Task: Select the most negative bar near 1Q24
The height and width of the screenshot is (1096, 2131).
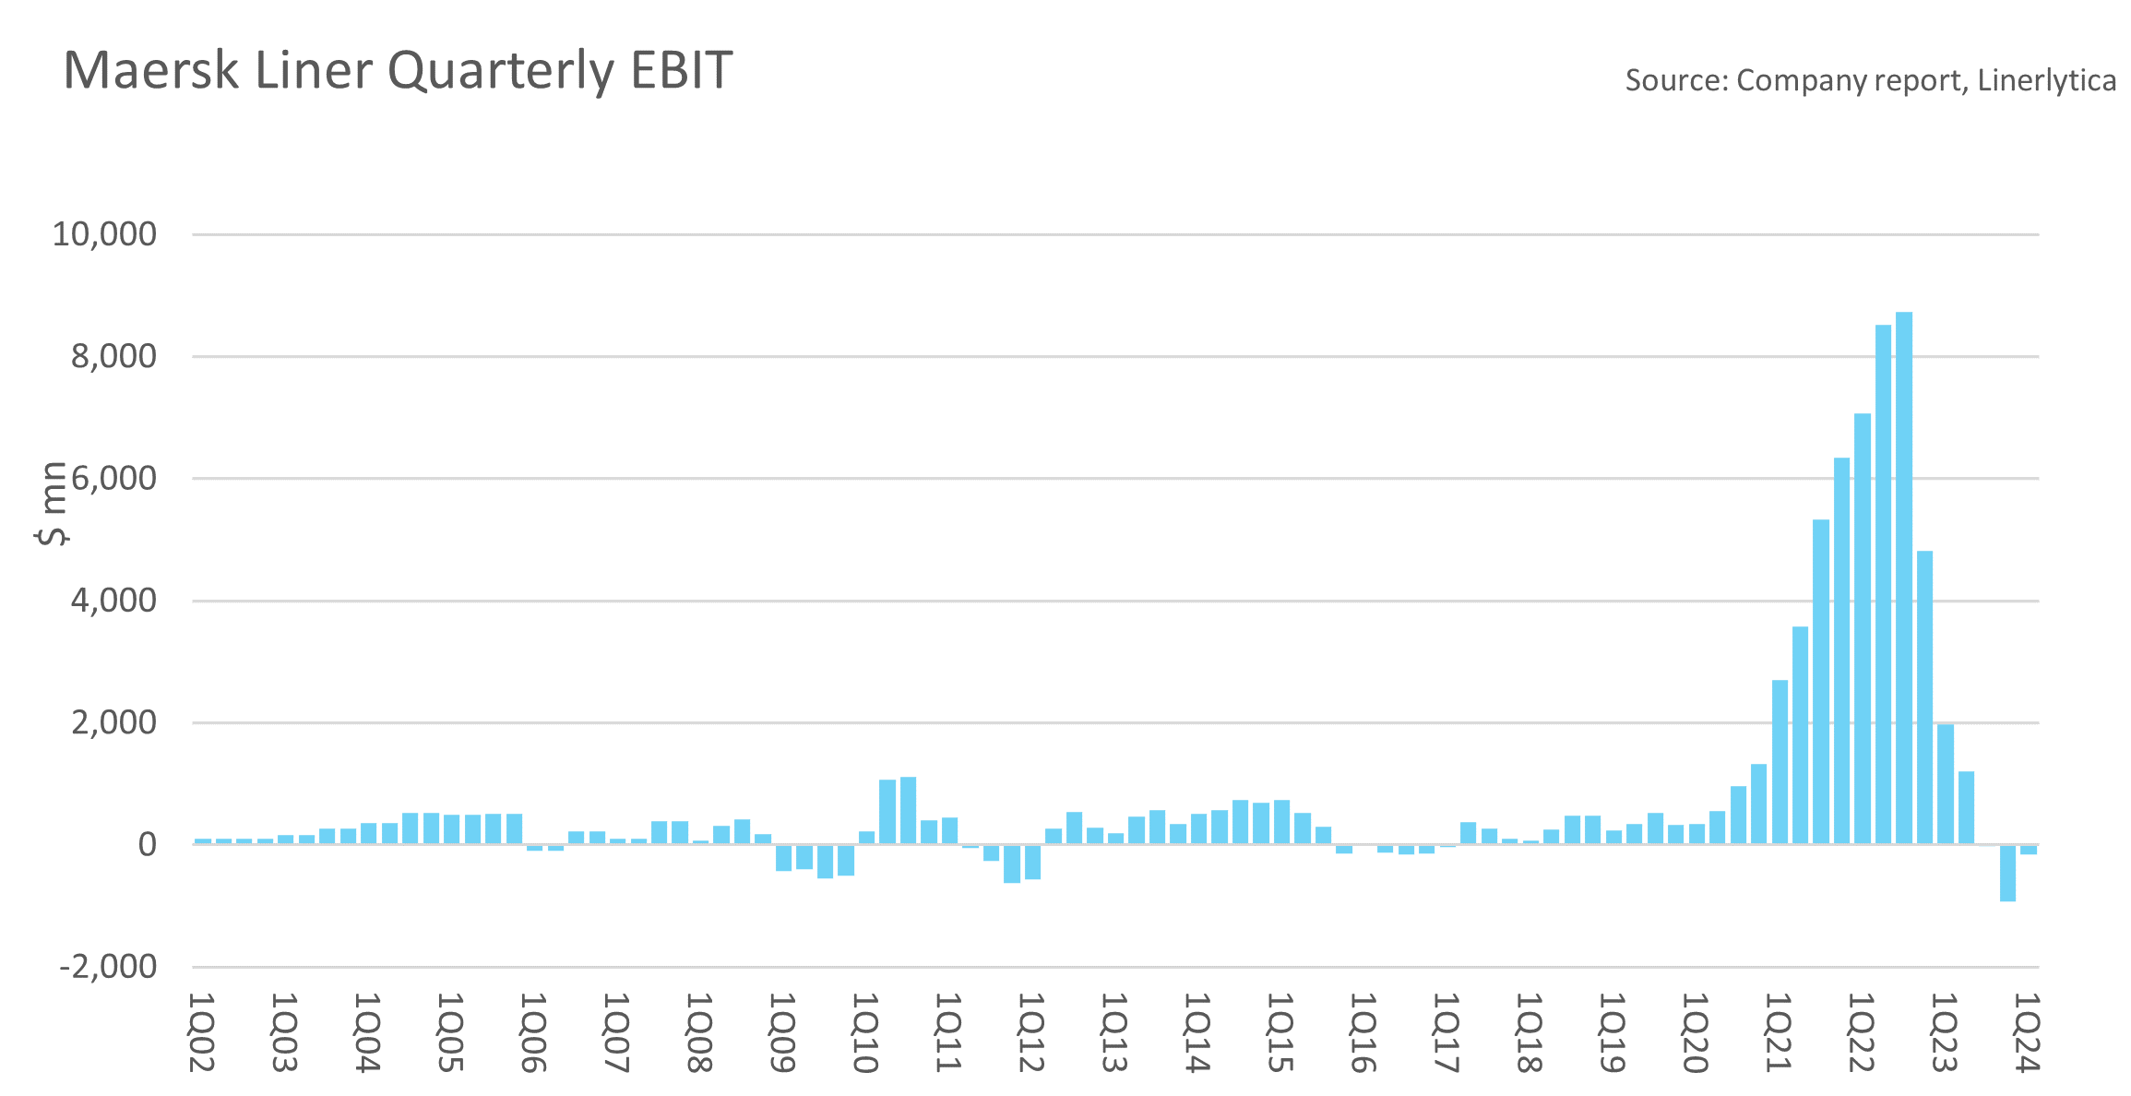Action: [2007, 873]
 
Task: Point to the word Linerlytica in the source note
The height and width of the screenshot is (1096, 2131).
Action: [2047, 81]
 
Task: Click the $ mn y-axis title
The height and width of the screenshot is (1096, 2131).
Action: [53, 503]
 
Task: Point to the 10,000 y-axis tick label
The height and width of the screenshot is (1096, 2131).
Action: [104, 234]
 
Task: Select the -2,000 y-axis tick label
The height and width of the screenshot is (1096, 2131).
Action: [108, 967]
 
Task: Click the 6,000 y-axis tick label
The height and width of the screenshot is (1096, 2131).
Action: [113, 479]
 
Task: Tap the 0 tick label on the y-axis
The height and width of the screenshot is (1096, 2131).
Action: [147, 844]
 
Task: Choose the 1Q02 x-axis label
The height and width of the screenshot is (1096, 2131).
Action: [201, 1032]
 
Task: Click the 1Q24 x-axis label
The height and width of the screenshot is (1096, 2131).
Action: [2027, 1032]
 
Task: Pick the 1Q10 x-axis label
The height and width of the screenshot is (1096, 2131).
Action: [864, 1032]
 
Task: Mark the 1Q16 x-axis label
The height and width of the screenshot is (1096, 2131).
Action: [1363, 1032]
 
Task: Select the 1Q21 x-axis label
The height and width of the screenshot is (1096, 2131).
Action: [1778, 1032]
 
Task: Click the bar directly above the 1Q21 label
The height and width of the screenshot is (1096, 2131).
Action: [1780, 761]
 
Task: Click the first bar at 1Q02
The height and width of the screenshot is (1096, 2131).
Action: [202, 840]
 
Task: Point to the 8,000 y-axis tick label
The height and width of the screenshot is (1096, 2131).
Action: [113, 356]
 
